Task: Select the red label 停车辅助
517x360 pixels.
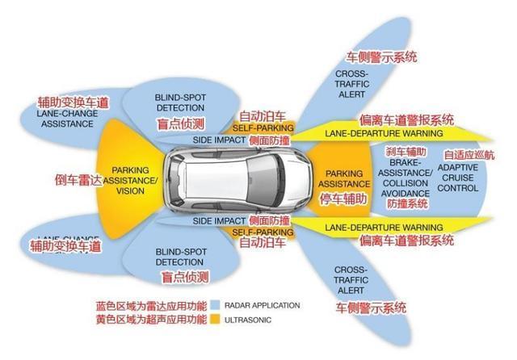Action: (x=344, y=197)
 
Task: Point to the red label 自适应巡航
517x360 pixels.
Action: (x=468, y=154)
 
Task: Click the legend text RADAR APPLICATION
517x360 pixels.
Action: (x=263, y=305)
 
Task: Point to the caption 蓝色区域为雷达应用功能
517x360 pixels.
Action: (x=150, y=306)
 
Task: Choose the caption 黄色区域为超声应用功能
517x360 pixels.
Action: (x=150, y=320)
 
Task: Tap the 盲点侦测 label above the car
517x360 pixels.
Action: (x=181, y=123)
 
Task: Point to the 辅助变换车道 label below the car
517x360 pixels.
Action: (x=65, y=245)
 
